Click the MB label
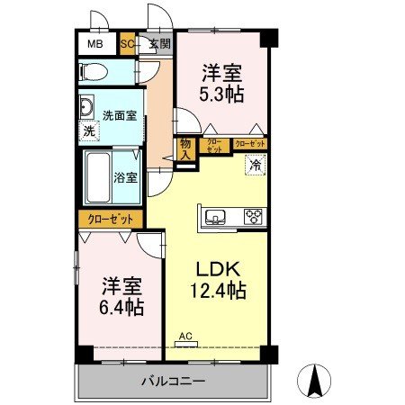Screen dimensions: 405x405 point(94,43)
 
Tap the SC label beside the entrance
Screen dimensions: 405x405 point(128,43)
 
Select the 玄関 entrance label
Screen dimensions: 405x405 point(159,43)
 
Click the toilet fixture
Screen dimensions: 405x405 point(94,71)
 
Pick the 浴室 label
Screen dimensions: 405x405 point(126,177)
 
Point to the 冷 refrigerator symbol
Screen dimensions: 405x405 point(256,165)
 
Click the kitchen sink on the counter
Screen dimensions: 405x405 point(217,217)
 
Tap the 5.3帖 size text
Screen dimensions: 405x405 point(221,93)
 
